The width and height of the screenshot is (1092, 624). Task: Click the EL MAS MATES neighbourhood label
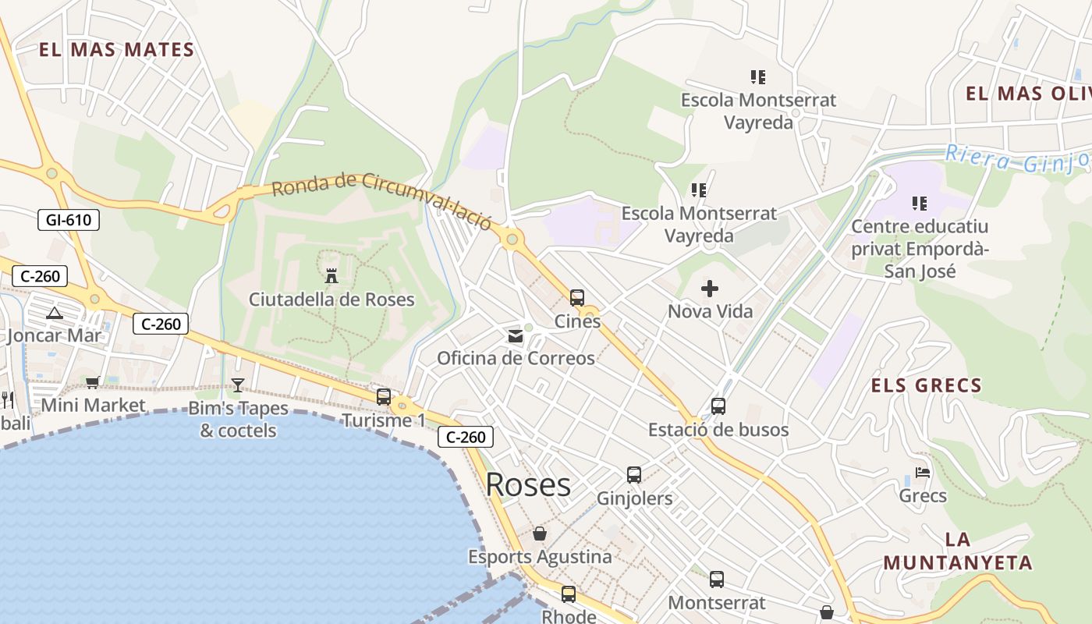point(116,51)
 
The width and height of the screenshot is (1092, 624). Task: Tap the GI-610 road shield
point(69,220)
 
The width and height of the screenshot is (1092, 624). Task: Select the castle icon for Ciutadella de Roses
point(331,275)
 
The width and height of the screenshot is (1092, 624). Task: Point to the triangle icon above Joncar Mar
point(54,314)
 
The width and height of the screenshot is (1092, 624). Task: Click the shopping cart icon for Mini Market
point(93,382)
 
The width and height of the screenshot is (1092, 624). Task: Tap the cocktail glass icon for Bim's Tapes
point(238,385)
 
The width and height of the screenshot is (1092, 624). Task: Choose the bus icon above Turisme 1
point(384,396)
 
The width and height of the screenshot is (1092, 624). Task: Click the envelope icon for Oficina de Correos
point(516,336)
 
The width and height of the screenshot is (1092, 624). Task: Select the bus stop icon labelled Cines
point(577,297)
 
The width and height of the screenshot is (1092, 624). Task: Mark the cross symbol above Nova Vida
point(710,289)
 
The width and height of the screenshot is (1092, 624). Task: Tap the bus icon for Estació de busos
point(718,406)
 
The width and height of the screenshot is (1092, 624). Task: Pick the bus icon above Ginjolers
point(634,474)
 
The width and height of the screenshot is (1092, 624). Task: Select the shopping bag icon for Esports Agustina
point(540,534)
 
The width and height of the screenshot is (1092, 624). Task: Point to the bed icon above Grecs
point(923,473)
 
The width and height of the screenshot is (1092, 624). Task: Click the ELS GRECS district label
point(926,385)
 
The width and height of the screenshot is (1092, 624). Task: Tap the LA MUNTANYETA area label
point(958,551)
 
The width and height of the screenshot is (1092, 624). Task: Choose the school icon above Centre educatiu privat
point(920,204)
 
